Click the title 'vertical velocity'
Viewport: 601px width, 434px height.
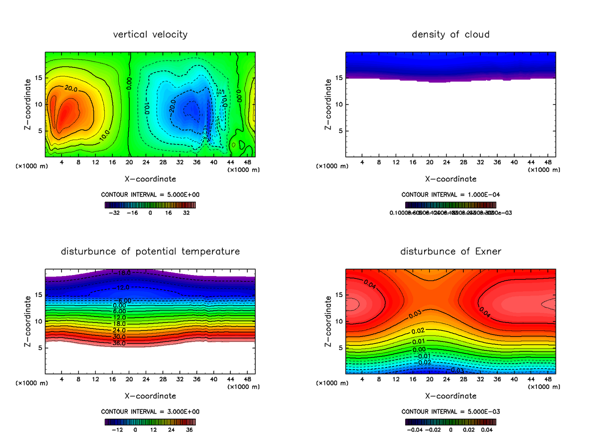tap(150, 34)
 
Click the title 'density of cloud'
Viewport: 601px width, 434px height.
tap(451, 34)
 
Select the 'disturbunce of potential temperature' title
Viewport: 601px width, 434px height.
tap(150, 251)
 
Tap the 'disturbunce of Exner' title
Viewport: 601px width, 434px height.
tap(451, 251)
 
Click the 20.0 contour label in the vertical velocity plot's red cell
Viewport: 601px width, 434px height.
tap(71, 89)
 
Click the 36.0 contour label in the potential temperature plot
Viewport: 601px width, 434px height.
tap(119, 343)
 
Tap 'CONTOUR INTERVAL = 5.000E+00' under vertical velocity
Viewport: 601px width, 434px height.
tap(150, 194)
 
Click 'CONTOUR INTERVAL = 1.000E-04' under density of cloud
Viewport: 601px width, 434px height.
tap(451, 194)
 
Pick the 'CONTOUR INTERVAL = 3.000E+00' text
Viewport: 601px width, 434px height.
tap(150, 411)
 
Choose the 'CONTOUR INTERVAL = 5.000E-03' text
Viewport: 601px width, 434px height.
tap(451, 411)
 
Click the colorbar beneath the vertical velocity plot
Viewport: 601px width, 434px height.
tap(150, 204)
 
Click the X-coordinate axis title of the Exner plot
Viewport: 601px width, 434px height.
tap(451, 396)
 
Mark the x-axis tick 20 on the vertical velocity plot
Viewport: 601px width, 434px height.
tap(129, 162)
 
